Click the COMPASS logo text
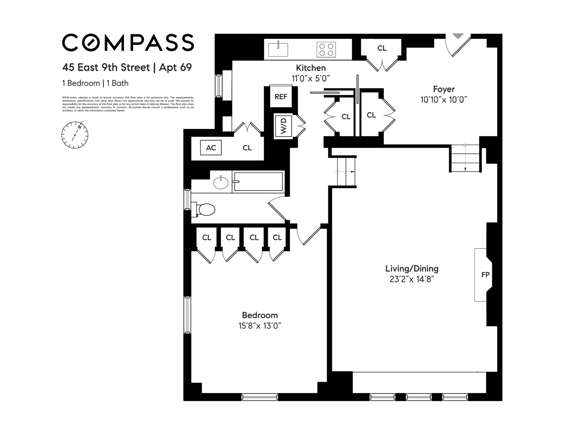[128, 43]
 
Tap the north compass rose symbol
[75, 135]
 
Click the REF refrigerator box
[281, 97]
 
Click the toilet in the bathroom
[206, 210]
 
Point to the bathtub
[258, 182]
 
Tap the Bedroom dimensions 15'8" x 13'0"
[260, 326]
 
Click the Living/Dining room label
[412, 269]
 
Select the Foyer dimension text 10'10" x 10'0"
[444, 100]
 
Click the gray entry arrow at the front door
[458, 36]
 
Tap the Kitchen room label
[311, 68]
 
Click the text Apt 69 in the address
[175, 67]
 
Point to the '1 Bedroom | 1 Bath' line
[95, 83]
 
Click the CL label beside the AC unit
[247, 148]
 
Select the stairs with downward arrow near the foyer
[465, 158]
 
